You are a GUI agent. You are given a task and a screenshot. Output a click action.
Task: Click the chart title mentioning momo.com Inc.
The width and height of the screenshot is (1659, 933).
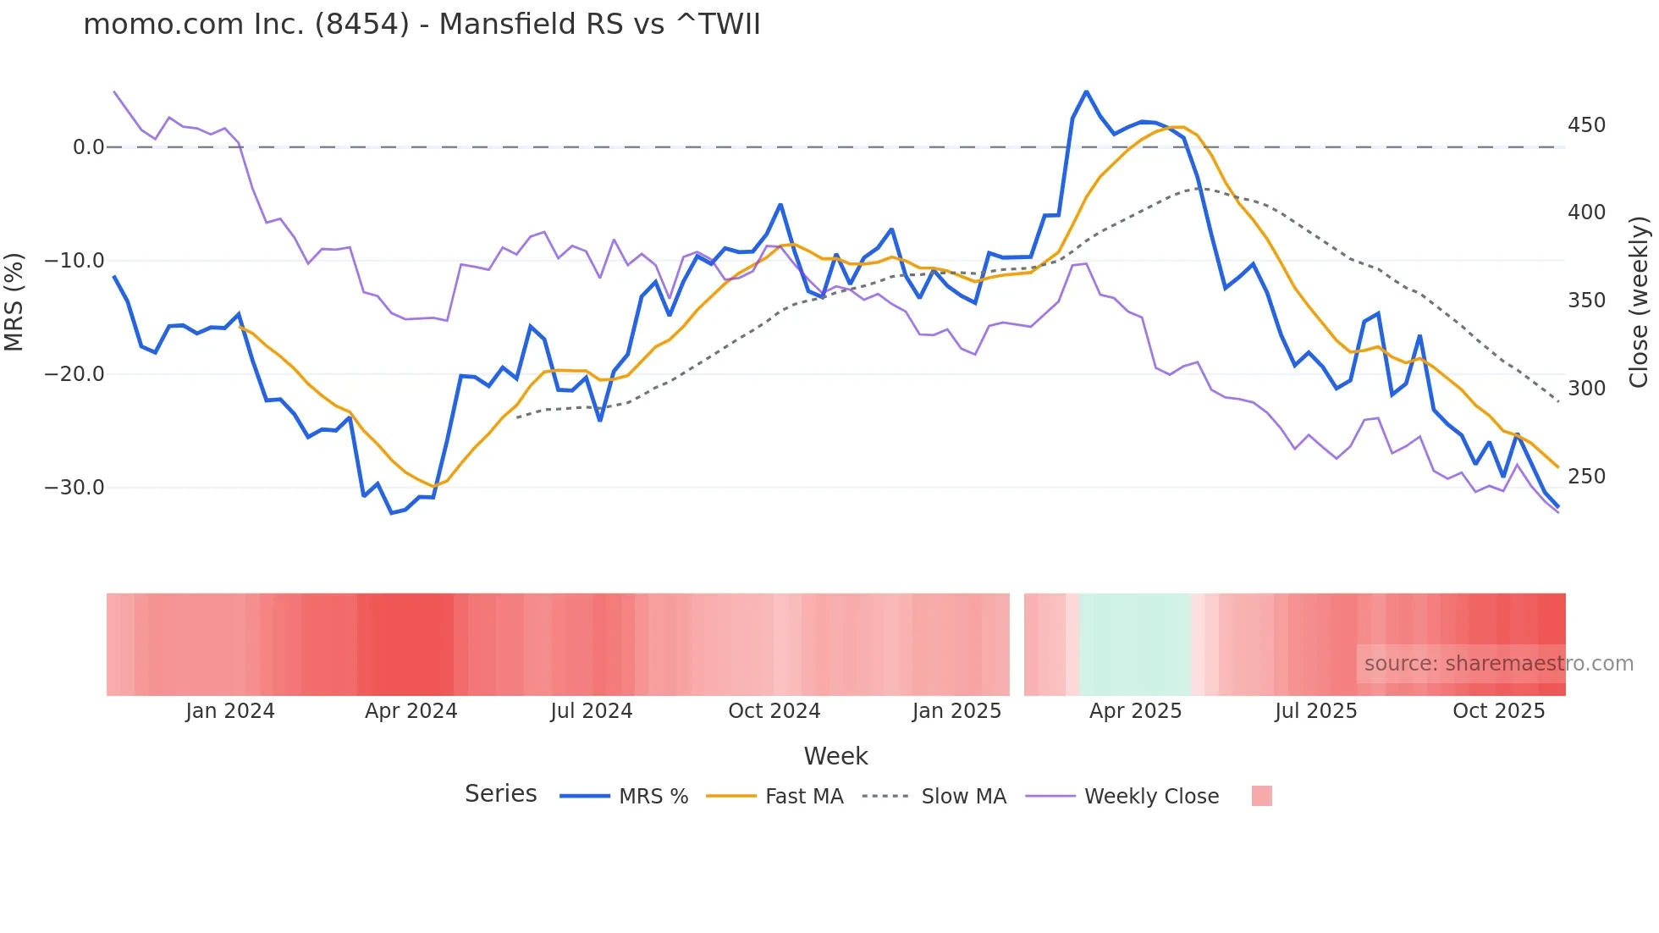422,24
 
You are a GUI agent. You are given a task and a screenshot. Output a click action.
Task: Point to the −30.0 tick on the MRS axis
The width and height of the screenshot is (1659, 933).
74,488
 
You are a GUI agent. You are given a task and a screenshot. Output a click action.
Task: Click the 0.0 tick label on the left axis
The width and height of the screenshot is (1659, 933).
88,147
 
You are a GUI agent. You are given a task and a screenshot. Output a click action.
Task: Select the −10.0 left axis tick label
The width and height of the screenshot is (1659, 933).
74,261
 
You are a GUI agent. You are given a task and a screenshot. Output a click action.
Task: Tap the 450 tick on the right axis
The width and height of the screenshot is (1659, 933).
1586,125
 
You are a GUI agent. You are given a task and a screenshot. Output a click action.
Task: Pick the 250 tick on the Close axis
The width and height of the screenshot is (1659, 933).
1586,477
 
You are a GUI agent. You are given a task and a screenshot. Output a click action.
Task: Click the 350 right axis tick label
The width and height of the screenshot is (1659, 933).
1586,301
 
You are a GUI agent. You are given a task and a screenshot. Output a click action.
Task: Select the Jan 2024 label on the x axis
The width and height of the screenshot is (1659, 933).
230,711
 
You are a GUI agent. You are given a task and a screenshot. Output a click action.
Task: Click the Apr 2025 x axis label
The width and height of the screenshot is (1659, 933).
1135,711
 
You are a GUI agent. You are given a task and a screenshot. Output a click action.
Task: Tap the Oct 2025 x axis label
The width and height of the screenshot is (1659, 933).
1498,711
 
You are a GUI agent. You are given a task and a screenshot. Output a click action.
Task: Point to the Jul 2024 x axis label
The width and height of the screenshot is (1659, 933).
591,711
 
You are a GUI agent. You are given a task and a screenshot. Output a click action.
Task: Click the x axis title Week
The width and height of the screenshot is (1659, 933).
835,756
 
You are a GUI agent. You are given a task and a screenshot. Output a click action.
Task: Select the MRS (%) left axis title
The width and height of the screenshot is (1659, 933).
14,301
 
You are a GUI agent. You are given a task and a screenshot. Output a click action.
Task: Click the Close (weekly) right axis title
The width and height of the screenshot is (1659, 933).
1639,301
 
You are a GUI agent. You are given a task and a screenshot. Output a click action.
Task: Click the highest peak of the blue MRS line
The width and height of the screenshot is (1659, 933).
1086,91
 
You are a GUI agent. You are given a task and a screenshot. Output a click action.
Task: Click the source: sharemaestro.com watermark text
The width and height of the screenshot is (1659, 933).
1498,664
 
